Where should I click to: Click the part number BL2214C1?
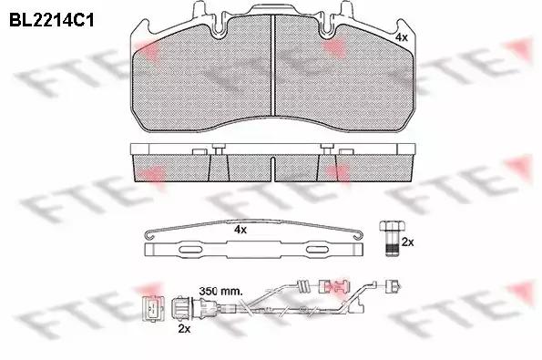(x=52, y=20)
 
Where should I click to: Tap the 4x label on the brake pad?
(x=401, y=37)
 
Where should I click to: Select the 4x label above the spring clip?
(x=240, y=230)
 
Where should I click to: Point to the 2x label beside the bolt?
(x=407, y=242)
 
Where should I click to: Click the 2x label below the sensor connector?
(x=184, y=328)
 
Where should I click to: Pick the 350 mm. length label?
(x=220, y=291)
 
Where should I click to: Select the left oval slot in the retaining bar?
(x=190, y=250)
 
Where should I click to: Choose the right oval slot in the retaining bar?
(x=317, y=250)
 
